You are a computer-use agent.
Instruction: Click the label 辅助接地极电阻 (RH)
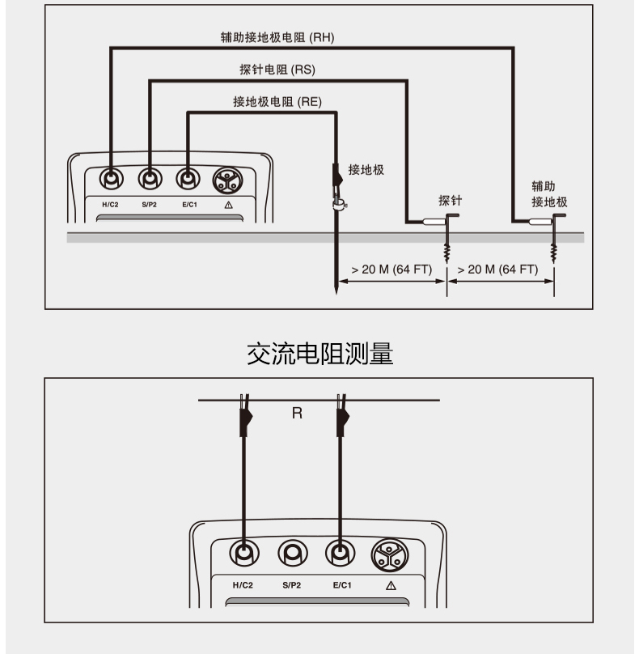(277, 36)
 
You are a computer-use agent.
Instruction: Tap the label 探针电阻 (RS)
(277, 69)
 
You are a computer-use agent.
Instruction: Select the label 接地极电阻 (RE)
(277, 101)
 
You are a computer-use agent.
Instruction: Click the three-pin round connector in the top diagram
(226, 178)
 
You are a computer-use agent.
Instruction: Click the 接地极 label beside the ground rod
(366, 170)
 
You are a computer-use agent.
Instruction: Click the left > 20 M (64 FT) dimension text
(391, 270)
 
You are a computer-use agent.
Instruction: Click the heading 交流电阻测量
(319, 354)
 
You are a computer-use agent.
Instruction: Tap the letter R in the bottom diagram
(297, 413)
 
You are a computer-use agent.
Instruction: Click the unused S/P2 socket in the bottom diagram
(292, 554)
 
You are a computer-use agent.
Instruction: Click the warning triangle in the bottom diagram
(391, 584)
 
